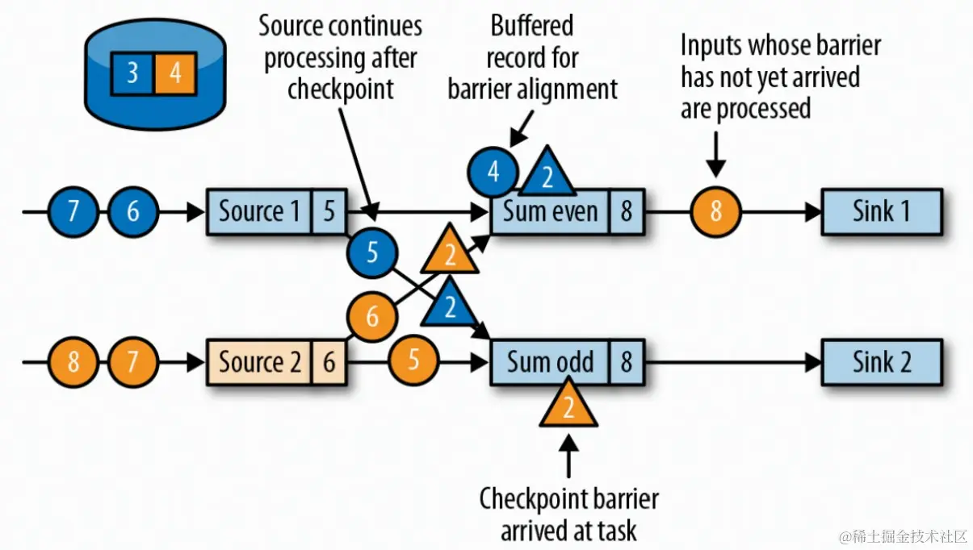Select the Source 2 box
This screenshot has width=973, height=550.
260,361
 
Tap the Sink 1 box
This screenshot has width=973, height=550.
881,212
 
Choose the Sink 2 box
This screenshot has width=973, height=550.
881,361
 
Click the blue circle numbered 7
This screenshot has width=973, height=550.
73,212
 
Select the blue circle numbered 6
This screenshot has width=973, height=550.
133,212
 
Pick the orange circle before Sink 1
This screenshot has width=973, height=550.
715,212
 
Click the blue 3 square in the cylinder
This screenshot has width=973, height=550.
132,73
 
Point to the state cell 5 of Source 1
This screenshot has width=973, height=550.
329,212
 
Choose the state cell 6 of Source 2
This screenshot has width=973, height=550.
329,361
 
